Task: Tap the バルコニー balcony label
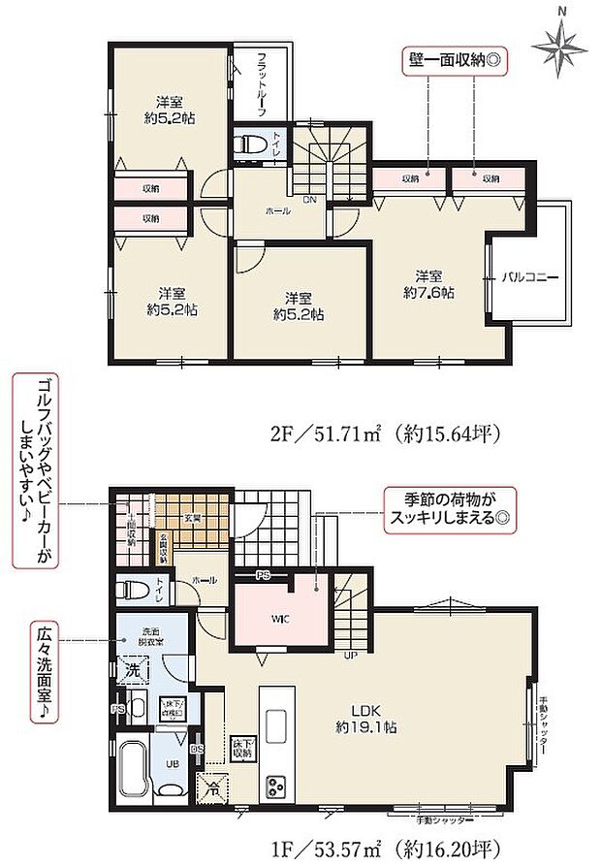click(529, 276)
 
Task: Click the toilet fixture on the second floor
click(252, 144)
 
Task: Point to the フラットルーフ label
click(262, 82)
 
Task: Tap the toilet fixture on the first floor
click(130, 589)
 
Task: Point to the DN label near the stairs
click(309, 200)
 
